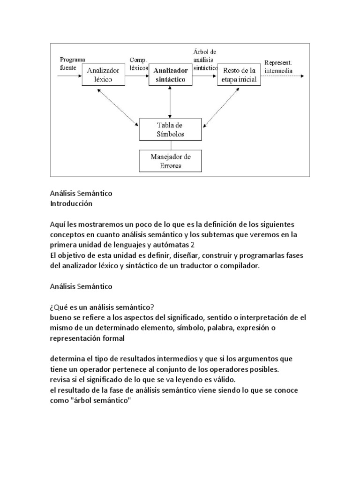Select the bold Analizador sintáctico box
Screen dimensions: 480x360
click(x=170, y=75)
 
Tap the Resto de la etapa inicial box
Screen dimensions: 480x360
click(x=238, y=75)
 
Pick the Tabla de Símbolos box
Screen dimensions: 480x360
click(x=170, y=129)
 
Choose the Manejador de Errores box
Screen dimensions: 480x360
click(x=170, y=160)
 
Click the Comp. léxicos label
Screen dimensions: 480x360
click(x=138, y=64)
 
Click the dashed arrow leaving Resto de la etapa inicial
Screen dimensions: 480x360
click(x=281, y=75)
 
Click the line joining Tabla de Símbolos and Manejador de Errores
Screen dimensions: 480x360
click(x=170, y=144)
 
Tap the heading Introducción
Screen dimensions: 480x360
click(x=71, y=204)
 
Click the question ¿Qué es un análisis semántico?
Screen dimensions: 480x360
click(x=102, y=307)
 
